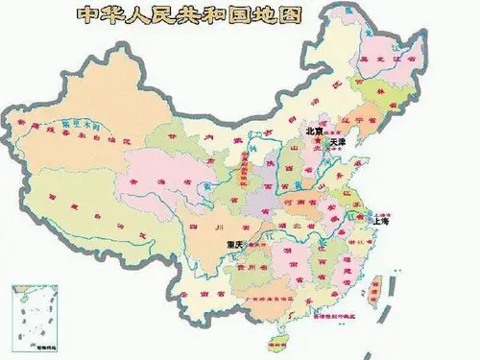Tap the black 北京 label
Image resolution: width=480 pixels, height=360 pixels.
(314, 131)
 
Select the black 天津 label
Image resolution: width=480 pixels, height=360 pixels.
(336, 142)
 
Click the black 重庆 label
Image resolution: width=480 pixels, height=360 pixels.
(236, 245)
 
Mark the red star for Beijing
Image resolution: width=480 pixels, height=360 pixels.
(318, 141)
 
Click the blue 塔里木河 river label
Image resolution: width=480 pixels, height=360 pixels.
(81, 125)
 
